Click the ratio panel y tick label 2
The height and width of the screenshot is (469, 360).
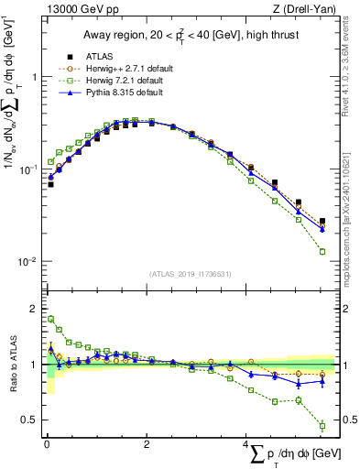point(33,309)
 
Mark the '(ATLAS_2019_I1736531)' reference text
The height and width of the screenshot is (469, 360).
point(191,274)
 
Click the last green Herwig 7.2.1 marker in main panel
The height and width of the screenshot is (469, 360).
point(322,251)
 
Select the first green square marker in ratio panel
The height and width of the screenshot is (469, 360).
point(50,320)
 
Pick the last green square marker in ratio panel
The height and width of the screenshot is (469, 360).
point(322,425)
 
